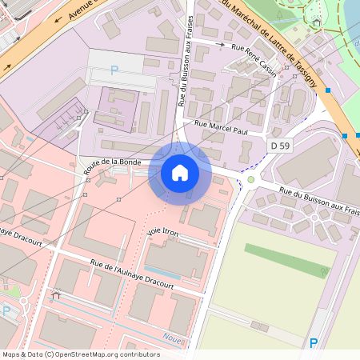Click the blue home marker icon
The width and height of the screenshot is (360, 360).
tap(180, 173)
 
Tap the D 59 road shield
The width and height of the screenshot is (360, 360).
tap(279, 146)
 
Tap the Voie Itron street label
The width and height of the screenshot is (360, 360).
tap(163, 232)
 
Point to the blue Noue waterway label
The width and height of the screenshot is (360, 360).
tap(171, 337)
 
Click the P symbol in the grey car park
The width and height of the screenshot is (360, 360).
tap(114, 70)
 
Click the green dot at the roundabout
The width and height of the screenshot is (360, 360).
tap(250, 179)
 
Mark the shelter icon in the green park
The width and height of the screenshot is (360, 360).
tap(317, 22)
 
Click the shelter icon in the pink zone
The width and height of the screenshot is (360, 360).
tap(55, 296)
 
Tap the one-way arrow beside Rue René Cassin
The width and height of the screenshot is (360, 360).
tap(221, 46)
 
